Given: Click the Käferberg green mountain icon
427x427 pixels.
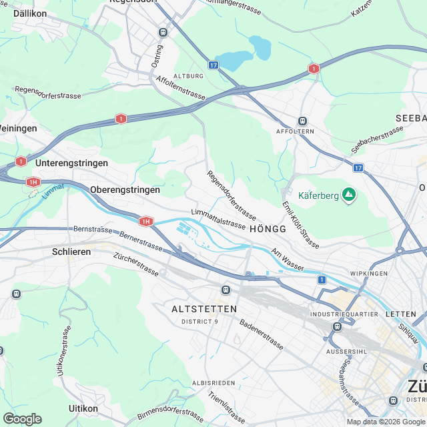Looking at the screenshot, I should point(348,195).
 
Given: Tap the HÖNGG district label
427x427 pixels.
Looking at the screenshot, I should point(268,229).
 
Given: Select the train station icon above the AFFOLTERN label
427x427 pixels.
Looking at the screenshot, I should point(302,121).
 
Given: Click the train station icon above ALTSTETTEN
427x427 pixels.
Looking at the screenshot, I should point(226,290).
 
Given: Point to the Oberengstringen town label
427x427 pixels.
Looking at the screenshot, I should point(125,189).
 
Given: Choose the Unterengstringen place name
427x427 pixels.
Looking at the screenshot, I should point(71,163).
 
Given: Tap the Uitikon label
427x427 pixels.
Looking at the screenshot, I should point(83,408).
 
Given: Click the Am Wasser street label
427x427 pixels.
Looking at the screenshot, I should point(288,261).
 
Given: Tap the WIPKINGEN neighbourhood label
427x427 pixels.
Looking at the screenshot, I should point(368,274).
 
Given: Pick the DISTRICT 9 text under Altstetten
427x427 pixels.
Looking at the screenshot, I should point(199,322).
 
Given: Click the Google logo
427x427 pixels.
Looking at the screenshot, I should point(21,418).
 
